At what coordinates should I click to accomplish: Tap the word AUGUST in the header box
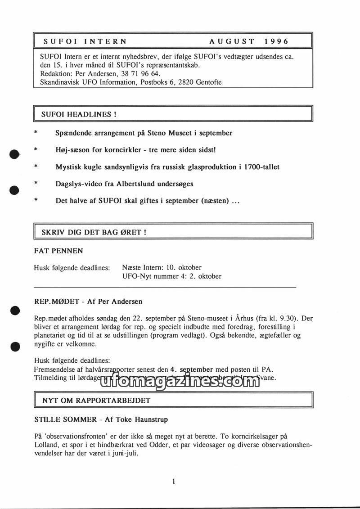click(x=232, y=41)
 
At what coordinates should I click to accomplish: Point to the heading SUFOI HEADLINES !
click(x=79, y=114)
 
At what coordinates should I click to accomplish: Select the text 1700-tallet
click(x=261, y=167)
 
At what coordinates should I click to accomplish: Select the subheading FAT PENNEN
click(x=58, y=251)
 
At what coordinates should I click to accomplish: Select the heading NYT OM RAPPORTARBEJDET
click(x=96, y=400)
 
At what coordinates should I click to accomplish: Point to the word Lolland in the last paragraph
click(x=46, y=445)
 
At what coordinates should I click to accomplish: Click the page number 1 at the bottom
click(x=174, y=482)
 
